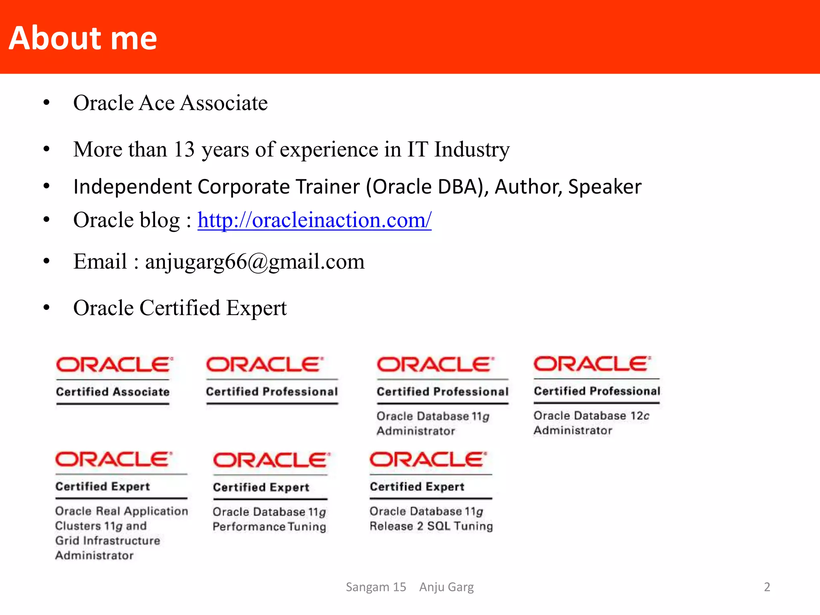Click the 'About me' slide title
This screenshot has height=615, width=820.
point(83,38)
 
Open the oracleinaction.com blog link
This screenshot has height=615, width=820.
point(314,220)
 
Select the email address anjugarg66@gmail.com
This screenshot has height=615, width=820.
point(255,261)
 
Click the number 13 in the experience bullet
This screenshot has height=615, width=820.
point(184,149)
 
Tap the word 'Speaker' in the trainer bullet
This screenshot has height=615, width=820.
point(605,187)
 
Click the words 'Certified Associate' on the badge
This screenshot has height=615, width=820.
point(113,392)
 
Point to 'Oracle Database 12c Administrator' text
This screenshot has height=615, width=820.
point(591,423)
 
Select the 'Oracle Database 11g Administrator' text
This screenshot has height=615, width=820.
point(433,424)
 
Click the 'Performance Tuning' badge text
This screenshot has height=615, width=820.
point(269,527)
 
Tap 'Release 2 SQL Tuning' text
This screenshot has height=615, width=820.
point(431,526)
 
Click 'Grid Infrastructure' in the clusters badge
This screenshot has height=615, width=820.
point(107,541)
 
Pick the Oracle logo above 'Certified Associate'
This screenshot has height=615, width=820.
point(114,365)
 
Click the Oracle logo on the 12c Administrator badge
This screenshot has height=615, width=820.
point(592,364)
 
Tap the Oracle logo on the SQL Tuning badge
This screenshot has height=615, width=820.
point(428,460)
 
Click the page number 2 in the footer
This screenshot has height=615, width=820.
point(767,587)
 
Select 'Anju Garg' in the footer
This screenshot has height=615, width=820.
point(446,587)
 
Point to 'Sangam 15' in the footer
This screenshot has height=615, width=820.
point(376,587)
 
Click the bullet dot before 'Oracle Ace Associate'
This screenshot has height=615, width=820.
point(46,103)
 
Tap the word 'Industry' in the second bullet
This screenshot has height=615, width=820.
point(472,149)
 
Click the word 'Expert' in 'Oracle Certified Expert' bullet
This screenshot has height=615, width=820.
point(256,308)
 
